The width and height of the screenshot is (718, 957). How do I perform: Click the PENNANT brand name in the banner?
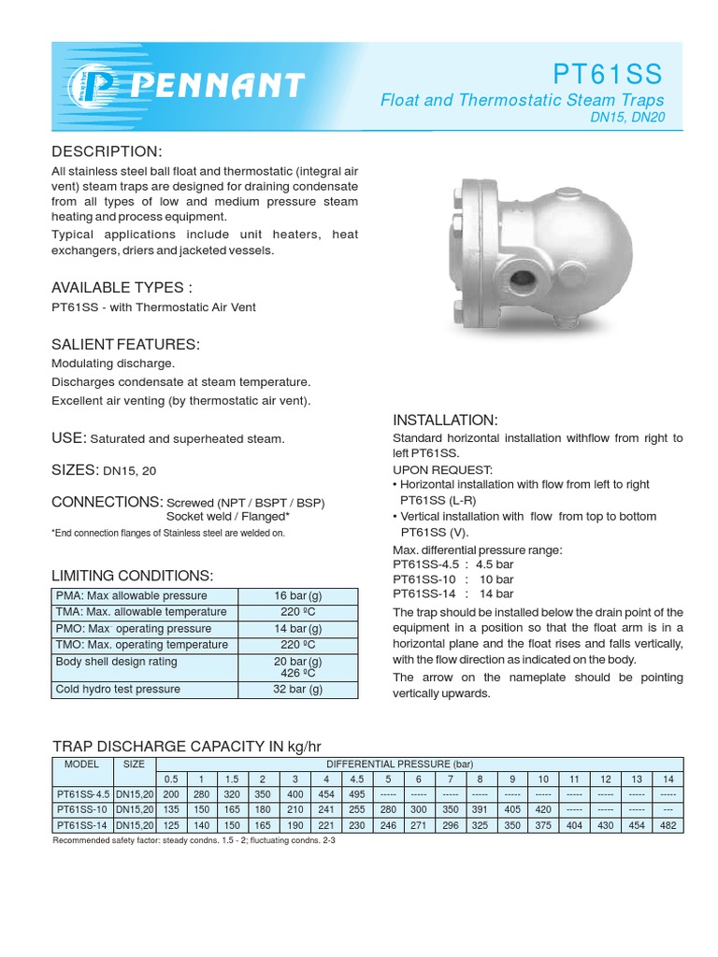[217, 86]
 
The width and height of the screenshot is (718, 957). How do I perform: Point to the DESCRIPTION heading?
[107, 151]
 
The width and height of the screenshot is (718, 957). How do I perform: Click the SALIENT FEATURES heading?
[126, 344]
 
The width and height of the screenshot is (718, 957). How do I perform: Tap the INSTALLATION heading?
[445, 419]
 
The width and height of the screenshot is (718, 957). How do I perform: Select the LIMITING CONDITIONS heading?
[132, 575]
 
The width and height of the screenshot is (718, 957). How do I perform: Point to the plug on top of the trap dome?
[570, 192]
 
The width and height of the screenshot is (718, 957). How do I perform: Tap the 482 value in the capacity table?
[667, 826]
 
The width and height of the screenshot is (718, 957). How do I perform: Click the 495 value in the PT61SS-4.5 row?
[357, 794]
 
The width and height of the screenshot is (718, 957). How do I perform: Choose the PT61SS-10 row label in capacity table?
[81, 810]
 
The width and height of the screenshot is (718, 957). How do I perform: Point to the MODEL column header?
[81, 763]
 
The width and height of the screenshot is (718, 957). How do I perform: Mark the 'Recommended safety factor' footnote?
[194, 841]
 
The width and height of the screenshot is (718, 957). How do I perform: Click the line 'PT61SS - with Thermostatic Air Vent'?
[153, 307]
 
